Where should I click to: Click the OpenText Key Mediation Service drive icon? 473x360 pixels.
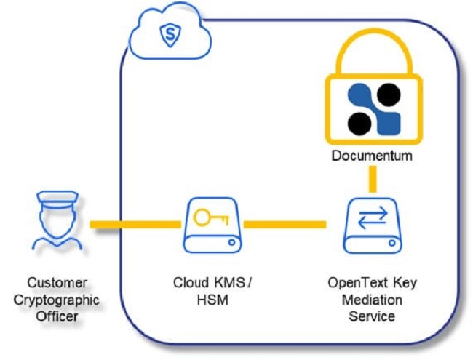tap(373, 225)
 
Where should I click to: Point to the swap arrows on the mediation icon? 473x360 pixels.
tap(373, 216)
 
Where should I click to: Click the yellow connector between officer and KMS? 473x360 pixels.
tap(135, 225)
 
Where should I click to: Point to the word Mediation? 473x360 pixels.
tap(373, 300)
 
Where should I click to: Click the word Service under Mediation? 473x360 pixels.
tap(373, 316)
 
